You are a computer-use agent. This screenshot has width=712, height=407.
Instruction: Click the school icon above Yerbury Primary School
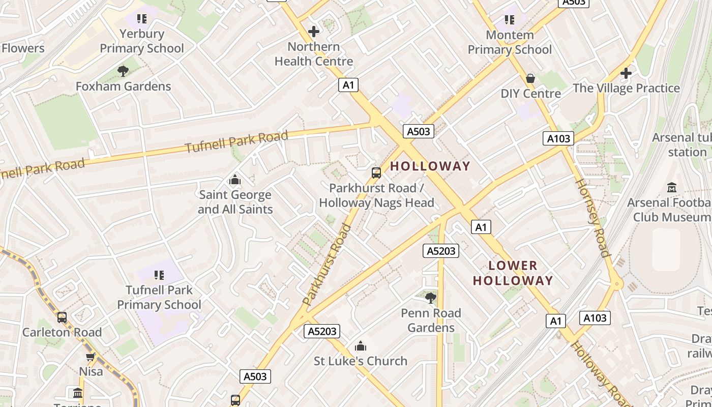[x=142, y=19]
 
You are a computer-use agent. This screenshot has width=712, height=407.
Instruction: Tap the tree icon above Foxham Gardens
[x=123, y=71]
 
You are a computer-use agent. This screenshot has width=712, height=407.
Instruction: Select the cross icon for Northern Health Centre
[x=314, y=32]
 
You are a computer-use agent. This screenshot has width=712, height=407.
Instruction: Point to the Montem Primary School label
[x=510, y=42]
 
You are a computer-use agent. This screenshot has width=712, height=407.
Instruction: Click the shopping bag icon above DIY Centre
[x=530, y=78]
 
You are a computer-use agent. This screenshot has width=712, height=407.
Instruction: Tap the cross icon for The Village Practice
[x=626, y=73]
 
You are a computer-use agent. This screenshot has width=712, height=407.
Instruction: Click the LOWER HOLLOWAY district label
[x=513, y=273]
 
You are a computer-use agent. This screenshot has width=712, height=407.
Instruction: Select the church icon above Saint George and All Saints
[x=235, y=180]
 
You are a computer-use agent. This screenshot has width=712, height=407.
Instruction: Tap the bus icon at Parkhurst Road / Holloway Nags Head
[x=376, y=173]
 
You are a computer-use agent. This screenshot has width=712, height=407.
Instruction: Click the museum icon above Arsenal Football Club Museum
[x=671, y=188]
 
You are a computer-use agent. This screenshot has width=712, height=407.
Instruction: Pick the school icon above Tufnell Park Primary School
[x=159, y=275]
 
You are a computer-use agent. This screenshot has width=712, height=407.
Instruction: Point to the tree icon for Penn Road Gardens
[x=431, y=298]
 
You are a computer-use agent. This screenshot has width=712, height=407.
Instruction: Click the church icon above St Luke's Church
[x=361, y=346]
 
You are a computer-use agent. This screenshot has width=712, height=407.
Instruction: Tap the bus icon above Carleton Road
[x=62, y=317]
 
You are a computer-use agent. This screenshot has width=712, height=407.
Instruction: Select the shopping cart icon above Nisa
[x=91, y=357]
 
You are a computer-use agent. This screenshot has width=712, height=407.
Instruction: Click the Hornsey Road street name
[x=591, y=218]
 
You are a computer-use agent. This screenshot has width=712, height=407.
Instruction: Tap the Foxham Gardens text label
[x=123, y=86]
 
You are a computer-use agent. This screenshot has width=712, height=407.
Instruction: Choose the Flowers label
[x=23, y=48]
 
